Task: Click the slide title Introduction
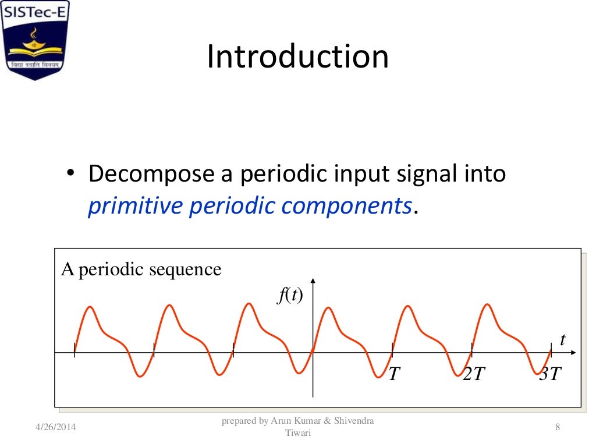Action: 297,57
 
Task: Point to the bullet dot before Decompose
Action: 71,175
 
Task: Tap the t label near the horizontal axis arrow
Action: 562,340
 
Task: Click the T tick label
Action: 394,374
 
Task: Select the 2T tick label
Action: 473,374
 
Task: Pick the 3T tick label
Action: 550,374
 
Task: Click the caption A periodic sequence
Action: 141,270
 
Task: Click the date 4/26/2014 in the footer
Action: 55,428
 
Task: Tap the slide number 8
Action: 558,428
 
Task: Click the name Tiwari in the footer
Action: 298,433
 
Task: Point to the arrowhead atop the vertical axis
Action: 313,282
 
